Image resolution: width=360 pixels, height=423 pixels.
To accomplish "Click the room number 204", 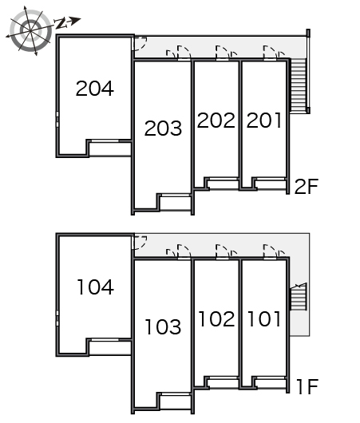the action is (95, 89).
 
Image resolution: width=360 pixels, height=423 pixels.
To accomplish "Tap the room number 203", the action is (164, 128).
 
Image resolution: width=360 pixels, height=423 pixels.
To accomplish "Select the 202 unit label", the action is (216, 120).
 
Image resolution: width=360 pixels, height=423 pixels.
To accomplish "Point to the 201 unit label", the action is (264, 120).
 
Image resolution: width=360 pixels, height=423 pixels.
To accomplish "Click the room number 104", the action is (96, 287).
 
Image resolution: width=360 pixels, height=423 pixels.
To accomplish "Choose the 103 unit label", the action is (163, 326).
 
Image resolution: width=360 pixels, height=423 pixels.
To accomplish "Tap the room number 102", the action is (216, 319).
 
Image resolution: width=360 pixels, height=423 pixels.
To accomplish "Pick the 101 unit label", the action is (264, 319).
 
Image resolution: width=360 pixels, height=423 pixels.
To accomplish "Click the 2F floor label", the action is (307, 187).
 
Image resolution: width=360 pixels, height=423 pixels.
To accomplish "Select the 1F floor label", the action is (307, 386).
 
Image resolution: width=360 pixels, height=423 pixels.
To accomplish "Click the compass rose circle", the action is (30, 30).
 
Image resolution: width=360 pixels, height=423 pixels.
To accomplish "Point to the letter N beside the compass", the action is (61, 23).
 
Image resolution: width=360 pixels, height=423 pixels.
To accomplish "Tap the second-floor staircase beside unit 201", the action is (299, 85).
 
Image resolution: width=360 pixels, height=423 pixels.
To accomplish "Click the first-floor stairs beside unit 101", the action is (299, 297).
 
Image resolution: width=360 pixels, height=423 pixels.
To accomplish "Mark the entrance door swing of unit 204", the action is (140, 43).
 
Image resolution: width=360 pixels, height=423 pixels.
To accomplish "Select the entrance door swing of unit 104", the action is (140, 243).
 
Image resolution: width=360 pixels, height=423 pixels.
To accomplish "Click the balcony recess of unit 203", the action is (176, 204).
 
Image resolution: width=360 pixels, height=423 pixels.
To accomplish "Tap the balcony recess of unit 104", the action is (110, 348).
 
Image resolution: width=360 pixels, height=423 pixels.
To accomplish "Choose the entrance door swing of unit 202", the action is (223, 53).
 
